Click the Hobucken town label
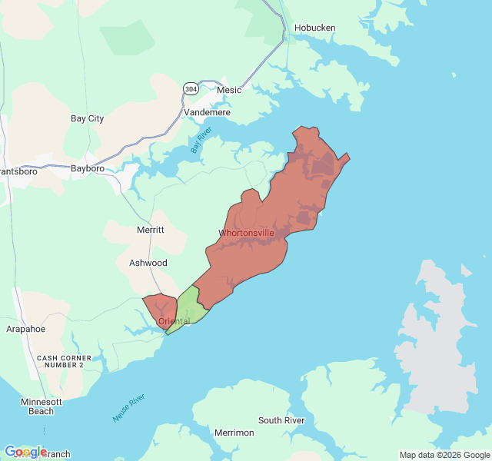pos(314,28)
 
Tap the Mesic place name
pos(229,90)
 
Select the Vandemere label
pos(208,112)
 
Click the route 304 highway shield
pos(190,89)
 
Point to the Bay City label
pos(87,119)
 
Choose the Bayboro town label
pos(87,168)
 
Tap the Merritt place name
pos(150,230)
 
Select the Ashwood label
pos(148,263)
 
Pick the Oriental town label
pos(174,321)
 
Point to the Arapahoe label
pos(25,329)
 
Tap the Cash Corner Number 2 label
pos(64,361)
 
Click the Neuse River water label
pos(128,408)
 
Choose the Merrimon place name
pos(234,433)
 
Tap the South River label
pos(281,420)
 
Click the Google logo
pos(25,452)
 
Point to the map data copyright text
pos(444,454)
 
